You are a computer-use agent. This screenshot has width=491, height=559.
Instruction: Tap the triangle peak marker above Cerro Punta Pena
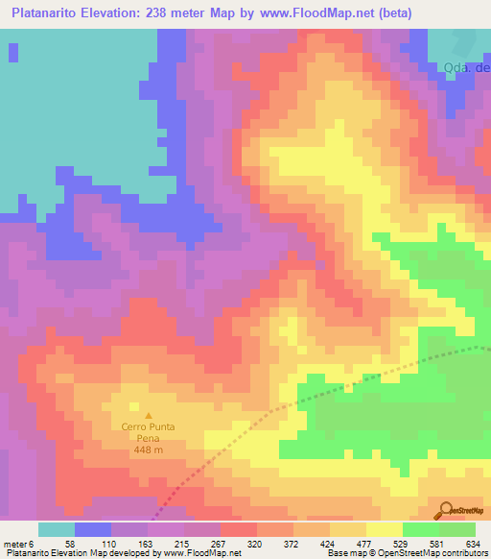point(147,414)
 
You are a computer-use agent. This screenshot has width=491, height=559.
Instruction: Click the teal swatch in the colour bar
point(57,529)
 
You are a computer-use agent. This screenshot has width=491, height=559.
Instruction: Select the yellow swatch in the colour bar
point(385,529)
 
